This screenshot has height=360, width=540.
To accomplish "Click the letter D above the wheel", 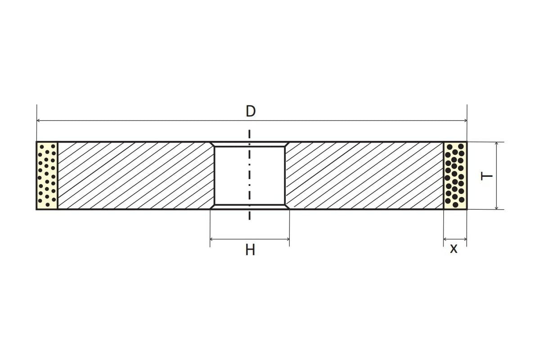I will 251,111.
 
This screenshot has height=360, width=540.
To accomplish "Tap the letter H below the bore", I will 250,250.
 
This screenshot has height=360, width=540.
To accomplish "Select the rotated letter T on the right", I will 486,176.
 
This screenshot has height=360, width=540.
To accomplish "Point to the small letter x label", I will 454,248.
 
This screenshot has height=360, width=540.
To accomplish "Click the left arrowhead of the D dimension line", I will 39,121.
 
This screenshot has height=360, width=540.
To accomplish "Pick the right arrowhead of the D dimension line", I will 464,121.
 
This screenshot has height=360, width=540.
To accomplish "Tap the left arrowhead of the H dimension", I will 212,239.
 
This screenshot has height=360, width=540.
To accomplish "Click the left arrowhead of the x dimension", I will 445,239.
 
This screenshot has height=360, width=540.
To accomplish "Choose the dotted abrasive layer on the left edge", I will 47,175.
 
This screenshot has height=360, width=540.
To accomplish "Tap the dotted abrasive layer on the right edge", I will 455,175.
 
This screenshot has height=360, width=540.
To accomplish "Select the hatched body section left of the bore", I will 135,175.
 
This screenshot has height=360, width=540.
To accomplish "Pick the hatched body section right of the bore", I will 364,175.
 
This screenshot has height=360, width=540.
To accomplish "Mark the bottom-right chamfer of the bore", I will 287,207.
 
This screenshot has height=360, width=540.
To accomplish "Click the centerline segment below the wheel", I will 249,215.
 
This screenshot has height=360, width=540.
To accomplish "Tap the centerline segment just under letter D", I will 249,135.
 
